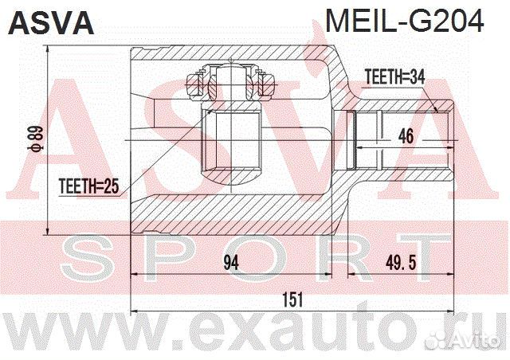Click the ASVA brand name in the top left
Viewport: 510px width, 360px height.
[51, 22]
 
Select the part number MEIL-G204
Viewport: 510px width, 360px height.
[405, 21]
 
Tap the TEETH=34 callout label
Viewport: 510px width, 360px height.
[395, 77]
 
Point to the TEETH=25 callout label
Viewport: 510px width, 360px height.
[88, 186]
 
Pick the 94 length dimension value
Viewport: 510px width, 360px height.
[231, 263]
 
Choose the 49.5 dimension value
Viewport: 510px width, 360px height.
[401, 263]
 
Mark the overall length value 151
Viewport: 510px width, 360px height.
[292, 299]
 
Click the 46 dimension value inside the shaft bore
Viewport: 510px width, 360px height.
[406, 136]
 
